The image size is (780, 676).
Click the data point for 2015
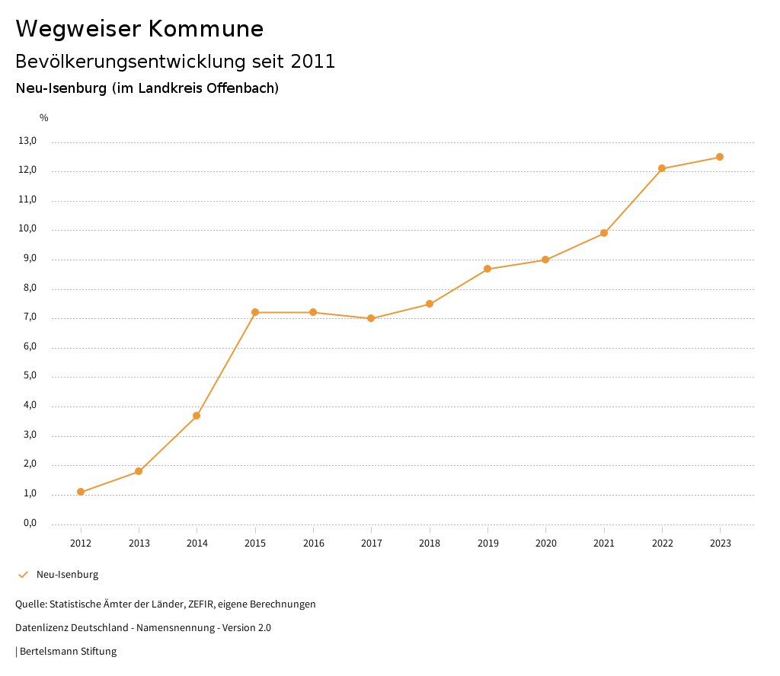tap(255, 312)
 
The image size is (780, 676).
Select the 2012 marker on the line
tap(81, 492)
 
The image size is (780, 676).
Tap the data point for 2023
tap(720, 157)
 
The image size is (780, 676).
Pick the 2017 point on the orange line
tap(371, 318)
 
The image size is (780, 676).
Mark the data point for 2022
tap(662, 168)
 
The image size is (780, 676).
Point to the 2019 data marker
tap(487, 269)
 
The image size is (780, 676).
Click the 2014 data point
tap(197, 416)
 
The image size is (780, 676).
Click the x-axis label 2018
tap(430, 544)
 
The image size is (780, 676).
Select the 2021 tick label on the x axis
tap(604, 544)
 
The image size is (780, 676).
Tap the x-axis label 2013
tap(139, 544)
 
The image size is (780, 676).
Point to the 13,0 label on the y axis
tap(27, 141)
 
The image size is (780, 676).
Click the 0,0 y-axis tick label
tap(30, 523)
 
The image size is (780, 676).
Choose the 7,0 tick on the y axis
tap(30, 317)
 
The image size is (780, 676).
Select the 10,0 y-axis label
tap(27, 229)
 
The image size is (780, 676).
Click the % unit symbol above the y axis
tap(44, 118)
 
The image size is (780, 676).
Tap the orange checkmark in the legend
tap(23, 575)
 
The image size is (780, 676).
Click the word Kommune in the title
tap(206, 29)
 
